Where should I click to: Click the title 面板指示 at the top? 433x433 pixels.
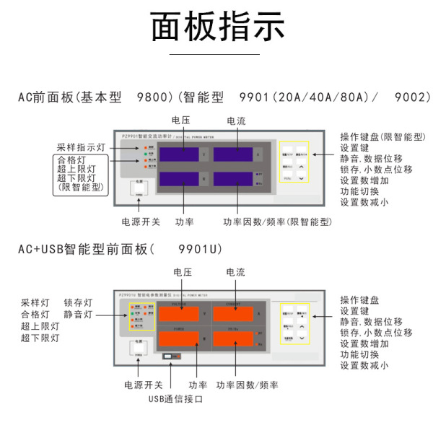click(216, 27)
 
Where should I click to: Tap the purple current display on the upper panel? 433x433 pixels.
click(232, 154)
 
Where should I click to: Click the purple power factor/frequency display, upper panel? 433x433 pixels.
click(232, 180)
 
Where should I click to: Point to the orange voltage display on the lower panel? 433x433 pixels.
click(180, 314)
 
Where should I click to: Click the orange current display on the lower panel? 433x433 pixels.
click(232, 314)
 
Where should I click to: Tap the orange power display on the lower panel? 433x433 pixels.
click(180, 338)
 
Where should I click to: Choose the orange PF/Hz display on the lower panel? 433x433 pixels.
click(232, 338)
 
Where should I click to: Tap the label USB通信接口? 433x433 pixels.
click(176, 398)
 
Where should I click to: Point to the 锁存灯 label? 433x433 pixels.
click(78, 302)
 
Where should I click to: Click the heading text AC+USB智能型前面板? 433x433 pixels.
click(85, 249)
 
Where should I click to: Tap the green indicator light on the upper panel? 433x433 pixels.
click(146, 154)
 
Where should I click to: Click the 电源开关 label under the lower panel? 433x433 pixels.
click(143, 385)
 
